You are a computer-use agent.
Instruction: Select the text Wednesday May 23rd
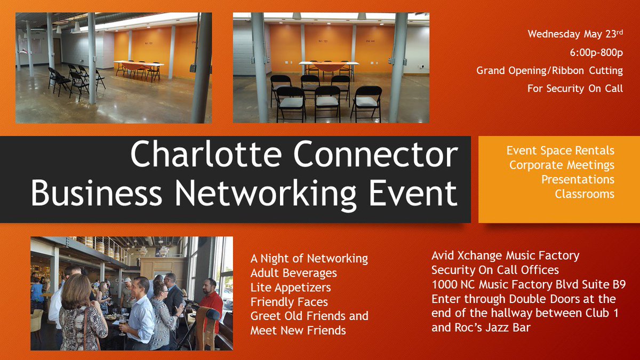[x=575, y=34]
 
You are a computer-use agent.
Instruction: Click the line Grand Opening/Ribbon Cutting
[x=549, y=70]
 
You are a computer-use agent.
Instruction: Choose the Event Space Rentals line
[x=560, y=151]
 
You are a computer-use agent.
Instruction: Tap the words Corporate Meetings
[x=562, y=165]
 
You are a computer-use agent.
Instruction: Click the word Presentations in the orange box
[x=578, y=180]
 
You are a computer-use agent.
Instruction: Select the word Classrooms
[x=584, y=194]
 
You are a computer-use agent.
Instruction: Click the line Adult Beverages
[x=293, y=273]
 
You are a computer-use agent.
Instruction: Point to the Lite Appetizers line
[x=291, y=287]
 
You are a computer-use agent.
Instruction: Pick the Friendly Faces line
[x=289, y=302]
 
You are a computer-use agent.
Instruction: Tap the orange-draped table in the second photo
[x=328, y=66]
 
